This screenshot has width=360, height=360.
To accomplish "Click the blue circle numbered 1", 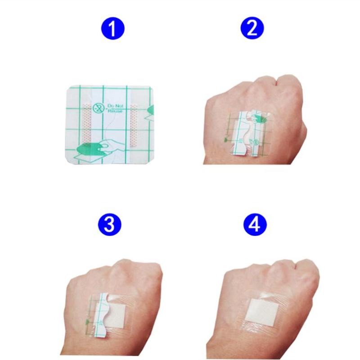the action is coord(113,28).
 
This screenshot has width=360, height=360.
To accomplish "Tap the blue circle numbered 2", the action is coord(252,28).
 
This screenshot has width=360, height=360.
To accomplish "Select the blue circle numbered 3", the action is coord(109,224).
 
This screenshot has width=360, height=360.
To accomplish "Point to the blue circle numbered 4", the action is coord(255,224).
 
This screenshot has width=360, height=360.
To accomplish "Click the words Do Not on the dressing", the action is coord(115,106).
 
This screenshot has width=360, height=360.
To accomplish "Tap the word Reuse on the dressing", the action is coord(115,111).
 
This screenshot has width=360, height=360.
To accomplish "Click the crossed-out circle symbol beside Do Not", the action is coord(99,108).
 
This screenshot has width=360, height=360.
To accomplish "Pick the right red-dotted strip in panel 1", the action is coord(134,125).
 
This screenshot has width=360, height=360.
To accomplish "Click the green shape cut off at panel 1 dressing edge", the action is coord(149,112).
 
